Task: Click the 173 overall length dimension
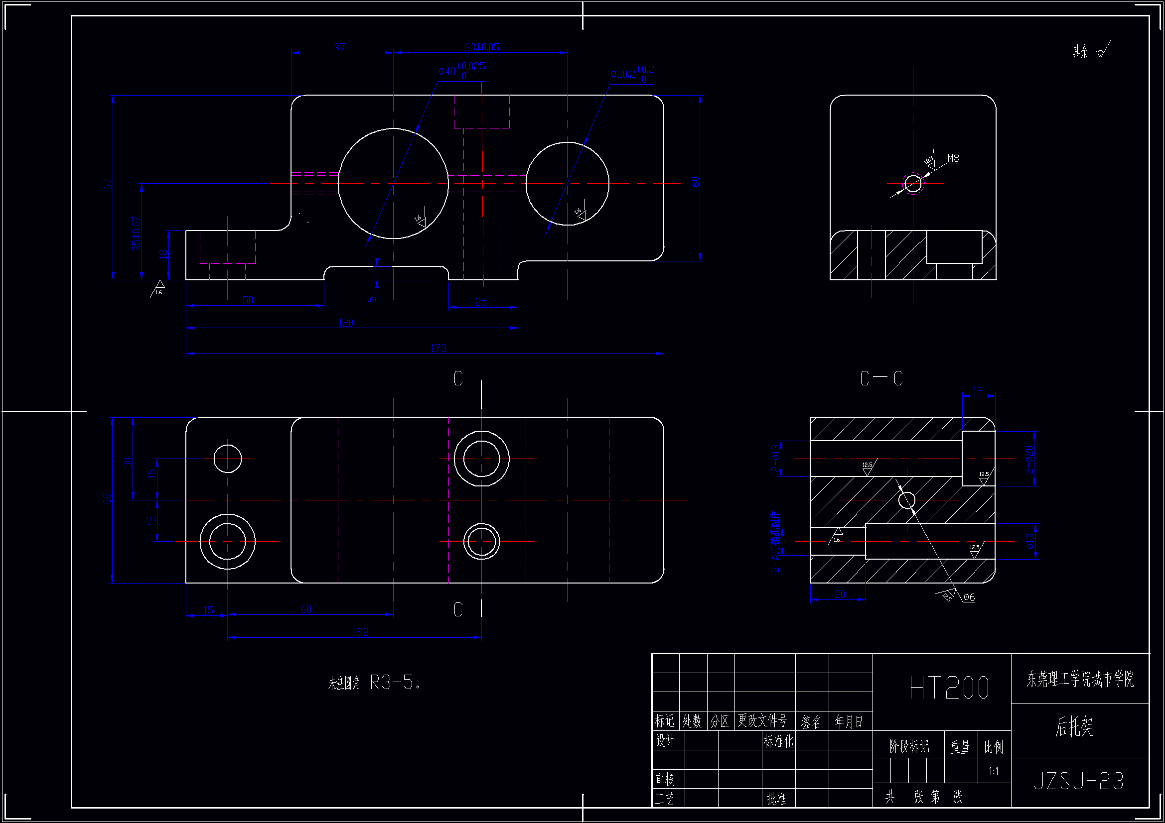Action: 438,348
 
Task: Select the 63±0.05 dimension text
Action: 481,48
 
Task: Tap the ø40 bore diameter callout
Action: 462,70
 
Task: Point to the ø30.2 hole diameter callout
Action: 632,73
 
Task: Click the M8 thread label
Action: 953,158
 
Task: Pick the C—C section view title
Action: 881,378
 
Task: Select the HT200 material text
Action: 949,688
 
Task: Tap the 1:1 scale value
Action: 994,771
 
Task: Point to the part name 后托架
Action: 1074,726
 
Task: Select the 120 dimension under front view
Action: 345,323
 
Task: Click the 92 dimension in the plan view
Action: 363,631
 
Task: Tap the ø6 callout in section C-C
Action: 969,597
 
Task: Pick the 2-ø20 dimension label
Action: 1028,460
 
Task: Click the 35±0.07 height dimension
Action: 136,234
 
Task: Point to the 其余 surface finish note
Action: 1081,52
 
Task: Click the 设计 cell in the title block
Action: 665,741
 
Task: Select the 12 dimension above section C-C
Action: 978,390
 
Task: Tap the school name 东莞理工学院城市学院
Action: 1080,679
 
